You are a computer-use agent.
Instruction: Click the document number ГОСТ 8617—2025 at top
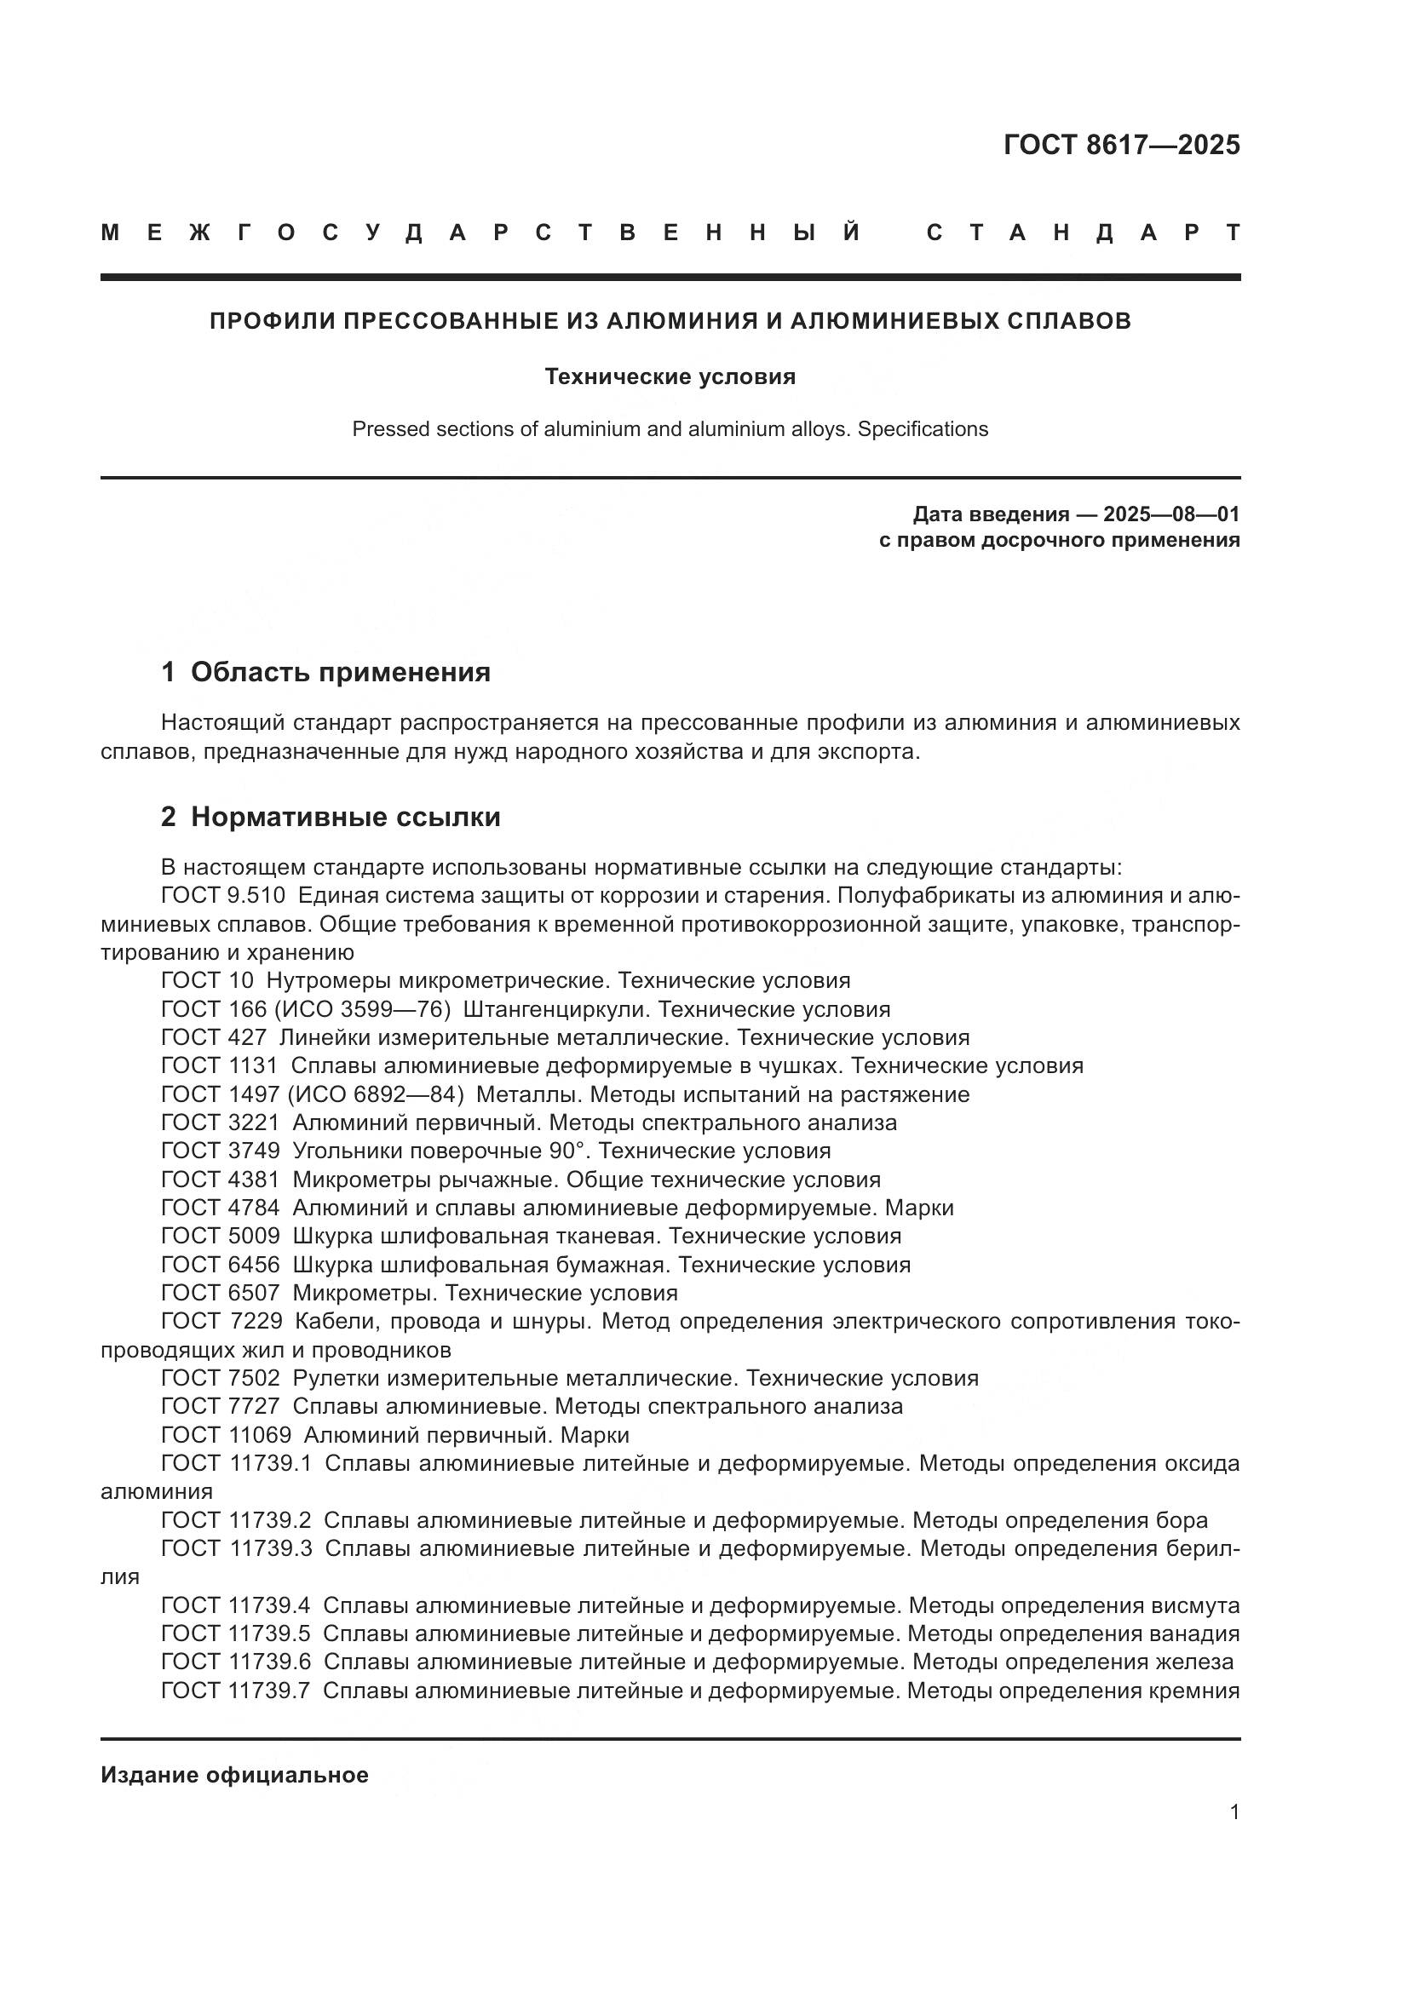tap(1121, 145)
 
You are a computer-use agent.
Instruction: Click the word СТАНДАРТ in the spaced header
tap(1083, 232)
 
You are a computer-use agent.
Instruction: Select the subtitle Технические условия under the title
tap(670, 376)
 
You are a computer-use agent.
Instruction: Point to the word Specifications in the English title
tap(923, 428)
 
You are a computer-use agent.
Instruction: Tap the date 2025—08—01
tap(1170, 514)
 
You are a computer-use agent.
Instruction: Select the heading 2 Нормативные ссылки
tap(331, 817)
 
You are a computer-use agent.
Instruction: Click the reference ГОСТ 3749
tap(221, 1151)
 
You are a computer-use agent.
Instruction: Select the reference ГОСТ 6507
tap(221, 1293)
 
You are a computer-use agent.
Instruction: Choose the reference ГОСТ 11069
tap(226, 1434)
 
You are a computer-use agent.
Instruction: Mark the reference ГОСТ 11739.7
tap(235, 1690)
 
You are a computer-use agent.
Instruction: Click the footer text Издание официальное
tap(234, 1775)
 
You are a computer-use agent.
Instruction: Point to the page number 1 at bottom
tap(1234, 1811)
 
